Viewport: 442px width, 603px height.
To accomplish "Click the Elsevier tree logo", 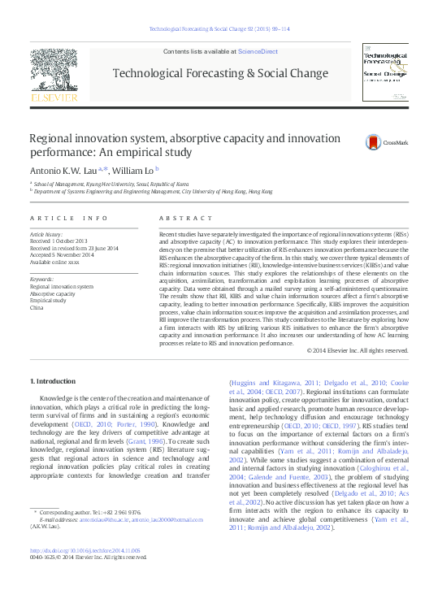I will click(x=54, y=73).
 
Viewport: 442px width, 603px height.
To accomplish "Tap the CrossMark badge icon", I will click(x=374, y=141).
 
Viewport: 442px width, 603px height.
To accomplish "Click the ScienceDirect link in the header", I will click(x=258, y=51).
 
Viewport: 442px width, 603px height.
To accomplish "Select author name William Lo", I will click(x=133, y=171).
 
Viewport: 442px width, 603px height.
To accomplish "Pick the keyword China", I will click(x=36, y=308).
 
